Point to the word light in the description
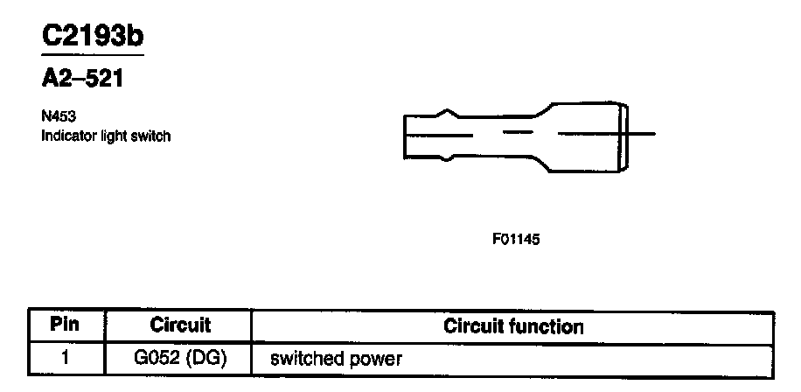(115, 136)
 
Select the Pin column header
(66, 325)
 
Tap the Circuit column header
(180, 325)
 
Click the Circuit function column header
(513, 326)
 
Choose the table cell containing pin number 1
(66, 358)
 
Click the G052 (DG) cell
(180, 358)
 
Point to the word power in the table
(378, 359)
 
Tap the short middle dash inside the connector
(519, 134)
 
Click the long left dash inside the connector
(438, 135)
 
